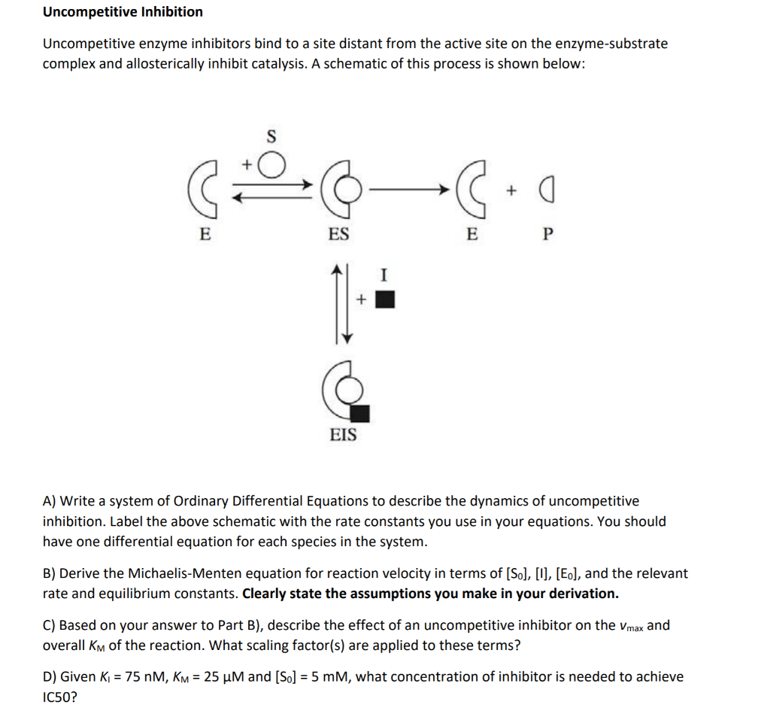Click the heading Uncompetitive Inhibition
123,12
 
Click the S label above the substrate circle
271,137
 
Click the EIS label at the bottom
344,435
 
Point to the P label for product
547,234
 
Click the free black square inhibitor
385,299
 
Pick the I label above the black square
385,275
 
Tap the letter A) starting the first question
50,501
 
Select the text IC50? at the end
59,697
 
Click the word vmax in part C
629,626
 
